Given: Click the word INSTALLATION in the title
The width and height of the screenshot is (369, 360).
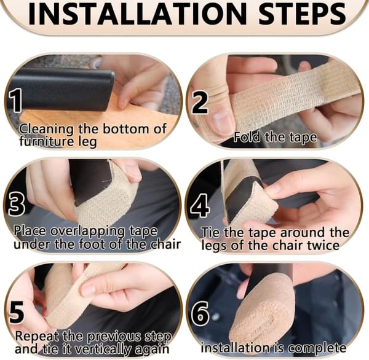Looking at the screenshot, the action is [x=137, y=13].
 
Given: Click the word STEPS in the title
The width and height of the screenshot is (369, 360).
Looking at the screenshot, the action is [x=303, y=13].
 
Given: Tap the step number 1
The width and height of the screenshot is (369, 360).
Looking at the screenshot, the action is [x=16, y=100].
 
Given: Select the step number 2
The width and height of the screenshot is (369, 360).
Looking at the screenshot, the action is [x=200, y=102].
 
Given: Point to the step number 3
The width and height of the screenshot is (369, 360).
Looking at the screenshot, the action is [x=16, y=203].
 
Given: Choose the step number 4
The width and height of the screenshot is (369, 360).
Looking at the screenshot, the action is [x=200, y=205].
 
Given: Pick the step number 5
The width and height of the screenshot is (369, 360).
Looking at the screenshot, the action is [x=17, y=312].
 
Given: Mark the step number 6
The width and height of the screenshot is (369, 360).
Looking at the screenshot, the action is [x=200, y=313].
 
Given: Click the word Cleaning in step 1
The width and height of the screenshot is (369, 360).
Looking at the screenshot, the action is [x=46, y=130].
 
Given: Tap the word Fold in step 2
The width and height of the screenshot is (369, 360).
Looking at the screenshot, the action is [x=247, y=137].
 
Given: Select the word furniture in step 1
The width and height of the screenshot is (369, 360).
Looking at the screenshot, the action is [x=44, y=141].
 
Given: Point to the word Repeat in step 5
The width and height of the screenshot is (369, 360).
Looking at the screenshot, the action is [x=37, y=337].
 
